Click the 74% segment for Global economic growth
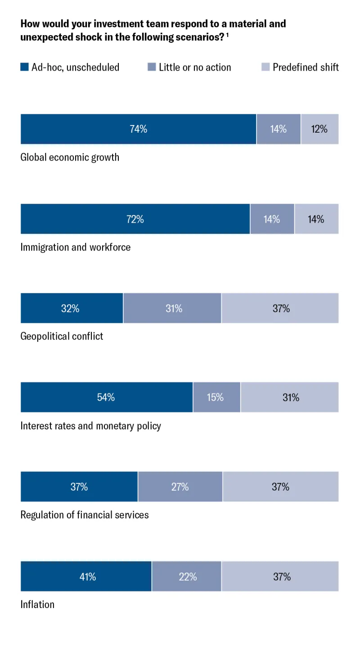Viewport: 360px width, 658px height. pos(138,129)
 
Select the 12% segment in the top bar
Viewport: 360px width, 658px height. pos(319,129)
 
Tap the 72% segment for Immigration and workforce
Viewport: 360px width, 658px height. pos(135,219)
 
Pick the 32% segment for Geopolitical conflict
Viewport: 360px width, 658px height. pos(72,308)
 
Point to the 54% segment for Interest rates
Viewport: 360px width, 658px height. pos(107,397)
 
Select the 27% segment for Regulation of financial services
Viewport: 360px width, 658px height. pos(180,487)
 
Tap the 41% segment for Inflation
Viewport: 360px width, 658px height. pos(86,576)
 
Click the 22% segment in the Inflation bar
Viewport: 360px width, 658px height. pos(187,576)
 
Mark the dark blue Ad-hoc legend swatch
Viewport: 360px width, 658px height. pos(24,67)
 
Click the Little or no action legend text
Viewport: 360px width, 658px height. pos(195,67)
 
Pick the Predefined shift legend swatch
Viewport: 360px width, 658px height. pos(265,67)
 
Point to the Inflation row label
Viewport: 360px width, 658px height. pos(37,604)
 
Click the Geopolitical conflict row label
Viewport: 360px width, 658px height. pos(62,336)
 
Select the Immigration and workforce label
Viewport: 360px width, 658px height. pos(75,247)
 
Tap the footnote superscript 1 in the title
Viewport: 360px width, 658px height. pos(228,35)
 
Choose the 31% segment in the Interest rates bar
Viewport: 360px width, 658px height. pos(290,397)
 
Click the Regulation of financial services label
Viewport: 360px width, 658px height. pos(85,515)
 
